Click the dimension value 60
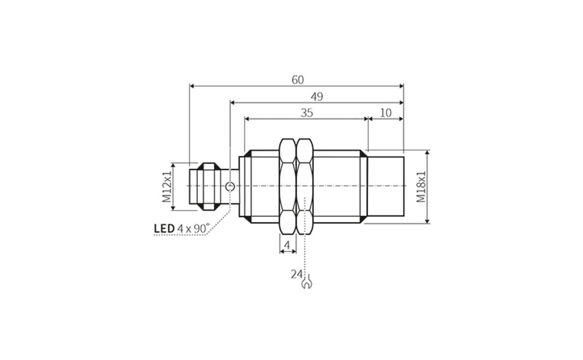[x=297, y=80]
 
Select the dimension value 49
[x=317, y=97]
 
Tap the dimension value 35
[x=306, y=113]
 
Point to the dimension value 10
[x=385, y=113]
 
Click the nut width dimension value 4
[x=287, y=245]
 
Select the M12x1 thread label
[x=167, y=187]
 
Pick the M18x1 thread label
[x=421, y=187]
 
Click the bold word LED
[x=164, y=228]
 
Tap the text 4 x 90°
[x=193, y=228]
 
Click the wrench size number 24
[x=296, y=274]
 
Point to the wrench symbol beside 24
[x=307, y=282]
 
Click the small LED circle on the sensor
[x=230, y=186]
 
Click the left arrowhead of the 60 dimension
[x=191, y=86]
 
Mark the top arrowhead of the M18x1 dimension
[x=428, y=153]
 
